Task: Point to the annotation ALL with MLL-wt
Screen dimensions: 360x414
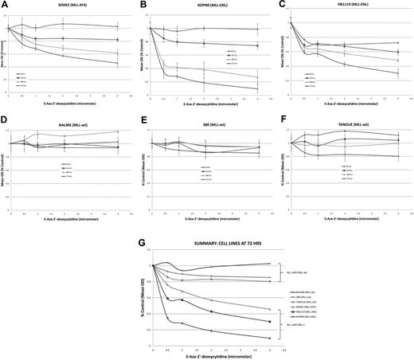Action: tap(300, 273)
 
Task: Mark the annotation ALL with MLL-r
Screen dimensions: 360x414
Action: tap(299, 324)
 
